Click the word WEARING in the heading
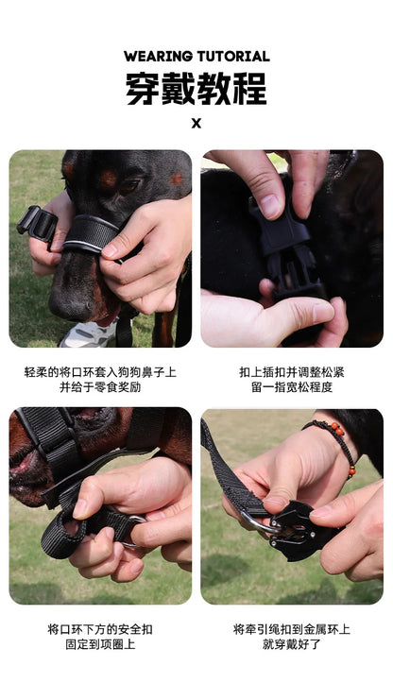coord(158,57)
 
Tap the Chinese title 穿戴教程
coord(196,89)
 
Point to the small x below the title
coord(196,123)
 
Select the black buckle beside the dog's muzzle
coord(37,225)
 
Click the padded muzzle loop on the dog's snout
coord(90,232)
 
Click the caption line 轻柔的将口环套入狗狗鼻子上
coord(100,372)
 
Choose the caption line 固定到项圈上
coord(100,644)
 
